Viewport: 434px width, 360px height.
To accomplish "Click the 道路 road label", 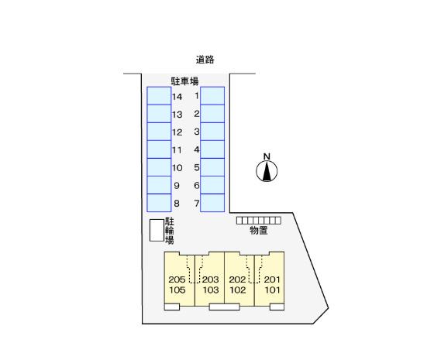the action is click(x=205, y=60).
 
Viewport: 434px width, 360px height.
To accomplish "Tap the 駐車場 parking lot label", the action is click(x=184, y=81).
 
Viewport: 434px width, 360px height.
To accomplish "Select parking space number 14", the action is click(x=159, y=96).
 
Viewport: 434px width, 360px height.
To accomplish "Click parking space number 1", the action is click(x=212, y=96).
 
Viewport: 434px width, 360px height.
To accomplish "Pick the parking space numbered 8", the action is click(x=159, y=203).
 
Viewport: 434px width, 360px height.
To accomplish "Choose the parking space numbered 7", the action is click(x=212, y=203).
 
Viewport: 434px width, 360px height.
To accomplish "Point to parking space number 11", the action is click(x=159, y=149).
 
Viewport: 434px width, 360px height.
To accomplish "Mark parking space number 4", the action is click(x=212, y=149).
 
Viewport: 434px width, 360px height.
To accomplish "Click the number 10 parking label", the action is click(x=177, y=168).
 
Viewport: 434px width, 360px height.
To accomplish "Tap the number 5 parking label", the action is click(x=197, y=167).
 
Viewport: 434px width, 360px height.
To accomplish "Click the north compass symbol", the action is click(x=267, y=171).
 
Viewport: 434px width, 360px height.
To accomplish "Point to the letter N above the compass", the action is click(x=267, y=156).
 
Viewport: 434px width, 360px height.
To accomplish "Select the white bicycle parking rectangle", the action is click(x=157, y=231).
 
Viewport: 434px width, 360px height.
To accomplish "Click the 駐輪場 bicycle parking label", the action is click(x=170, y=231).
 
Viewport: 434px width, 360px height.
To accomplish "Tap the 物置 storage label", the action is click(x=259, y=230).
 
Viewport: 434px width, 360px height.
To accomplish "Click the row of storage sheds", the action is click(x=259, y=221).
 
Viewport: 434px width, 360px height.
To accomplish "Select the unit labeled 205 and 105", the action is click(x=180, y=279).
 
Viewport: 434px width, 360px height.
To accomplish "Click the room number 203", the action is click(x=210, y=279).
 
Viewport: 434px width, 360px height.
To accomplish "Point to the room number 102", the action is click(x=237, y=290).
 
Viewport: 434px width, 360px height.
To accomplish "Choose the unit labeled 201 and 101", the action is click(x=270, y=279).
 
